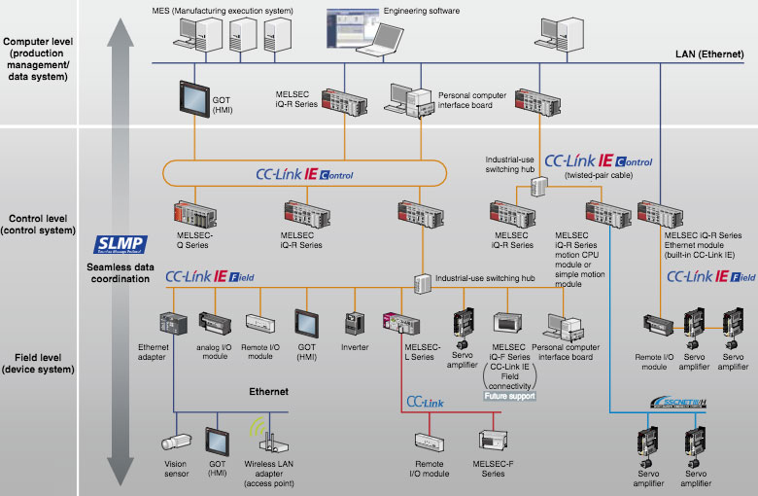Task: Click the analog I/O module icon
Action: click(214, 324)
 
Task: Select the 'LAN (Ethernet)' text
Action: click(710, 56)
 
